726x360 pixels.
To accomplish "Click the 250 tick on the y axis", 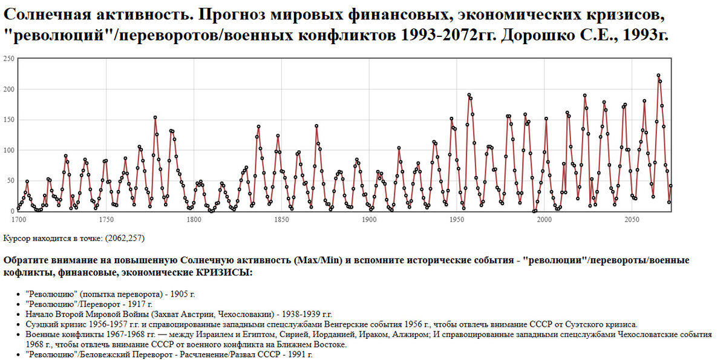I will pos(8,59).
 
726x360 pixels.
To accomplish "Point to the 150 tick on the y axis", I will pos(8,120).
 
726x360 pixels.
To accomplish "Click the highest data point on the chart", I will pos(658,76).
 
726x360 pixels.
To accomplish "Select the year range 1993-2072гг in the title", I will pos(446,34).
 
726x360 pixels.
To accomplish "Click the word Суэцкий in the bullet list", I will pos(40,324).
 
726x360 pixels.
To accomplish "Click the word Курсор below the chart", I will pos(17,238).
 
